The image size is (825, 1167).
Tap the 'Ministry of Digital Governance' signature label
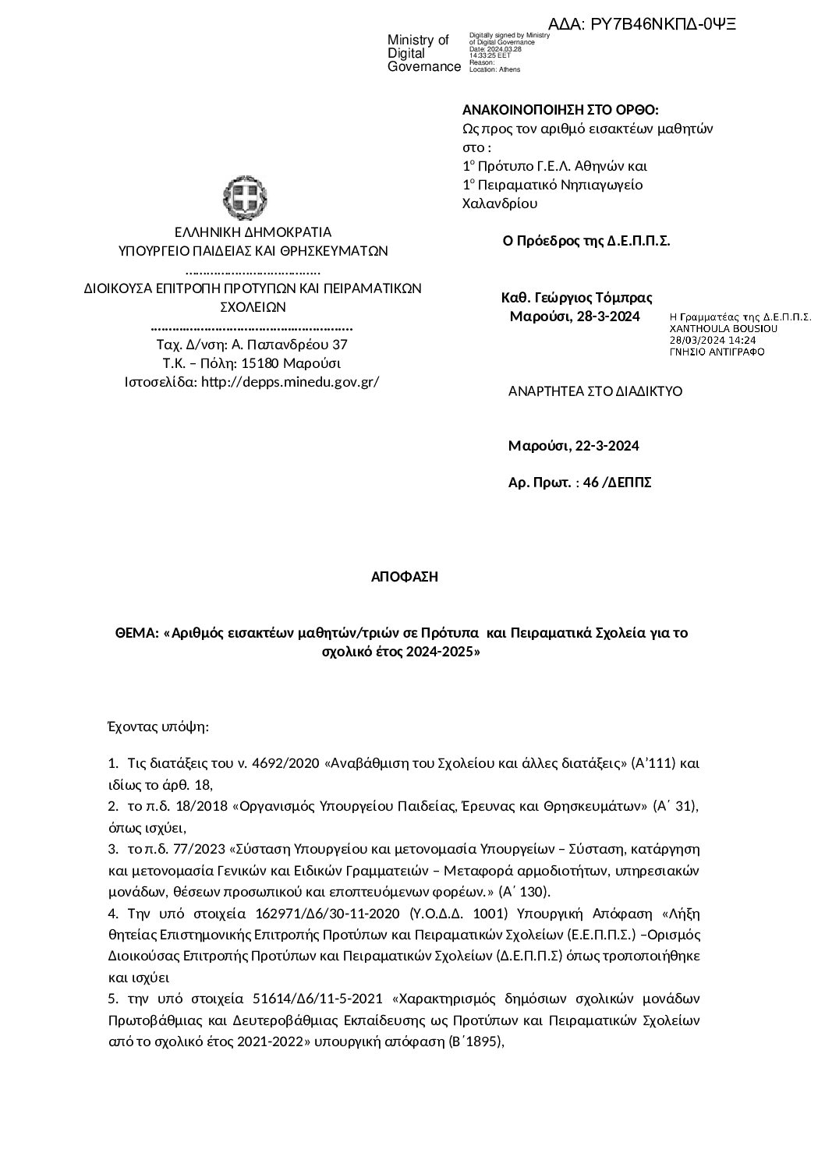pyautogui.click(x=423, y=54)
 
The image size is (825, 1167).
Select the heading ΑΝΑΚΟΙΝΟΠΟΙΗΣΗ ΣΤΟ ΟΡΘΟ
pyautogui.click(x=560, y=110)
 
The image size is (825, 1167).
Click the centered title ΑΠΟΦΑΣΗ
pyautogui.click(x=405, y=577)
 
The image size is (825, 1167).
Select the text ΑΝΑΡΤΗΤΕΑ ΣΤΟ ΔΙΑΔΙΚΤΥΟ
pyautogui.click(x=595, y=391)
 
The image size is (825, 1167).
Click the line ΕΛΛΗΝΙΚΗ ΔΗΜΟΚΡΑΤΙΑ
pyautogui.click(x=253, y=232)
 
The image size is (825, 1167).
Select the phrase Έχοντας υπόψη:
pyautogui.click(x=158, y=727)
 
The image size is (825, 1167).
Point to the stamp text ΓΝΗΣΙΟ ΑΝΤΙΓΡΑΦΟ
pyautogui.click(x=717, y=352)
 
